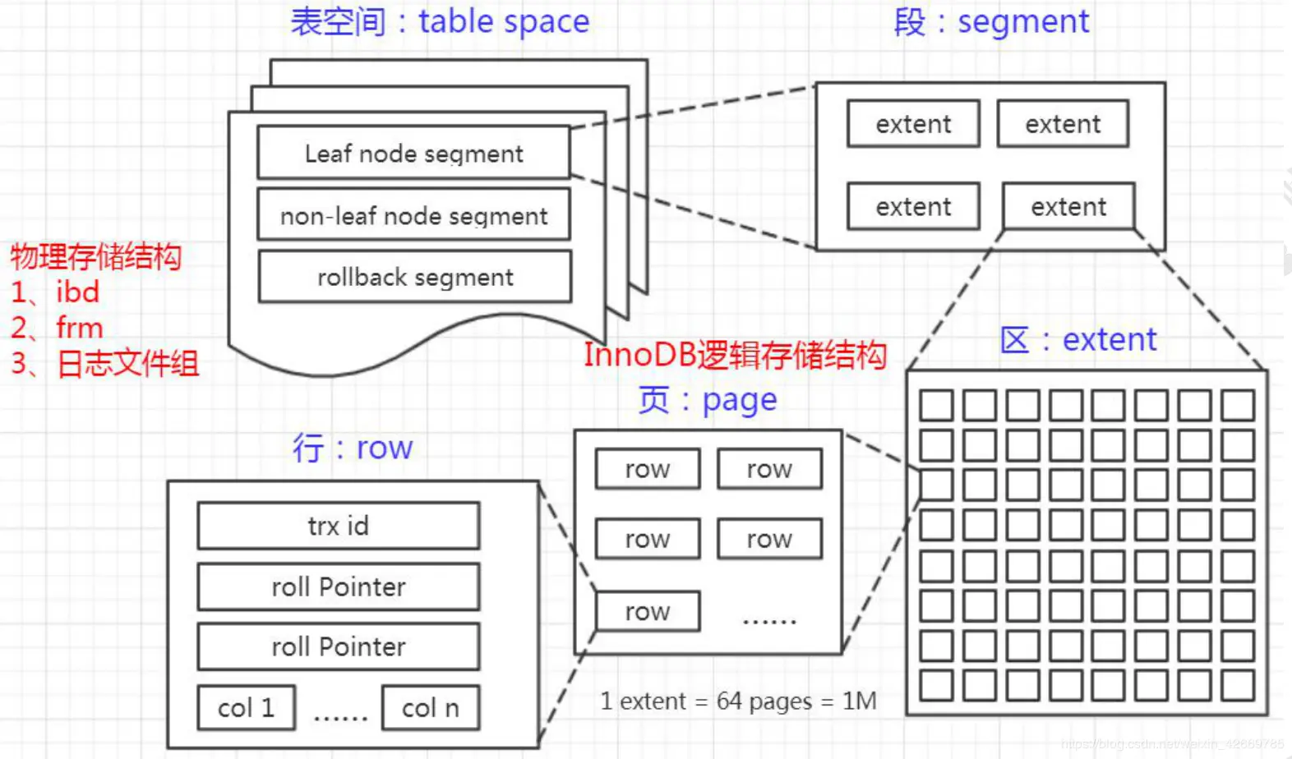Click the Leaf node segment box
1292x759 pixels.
pos(413,153)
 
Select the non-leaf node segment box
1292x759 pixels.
pos(413,215)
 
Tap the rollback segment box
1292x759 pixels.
pos(414,278)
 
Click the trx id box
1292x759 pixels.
pos(338,526)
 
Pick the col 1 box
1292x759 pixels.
pos(246,708)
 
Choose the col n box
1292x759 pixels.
pos(430,708)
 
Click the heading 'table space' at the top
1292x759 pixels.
pos(504,21)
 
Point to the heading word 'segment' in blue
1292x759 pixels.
pos(1023,21)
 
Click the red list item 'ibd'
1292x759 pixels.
pos(77,292)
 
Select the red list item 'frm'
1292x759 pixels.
pos(79,328)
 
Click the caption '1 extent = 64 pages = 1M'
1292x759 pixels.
pos(738,701)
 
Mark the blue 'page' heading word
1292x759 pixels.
pos(739,401)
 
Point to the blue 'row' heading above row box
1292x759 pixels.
pos(384,448)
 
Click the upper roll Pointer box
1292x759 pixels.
pos(338,586)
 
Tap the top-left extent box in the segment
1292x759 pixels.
pos(913,124)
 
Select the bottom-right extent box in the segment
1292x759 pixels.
pos(1068,206)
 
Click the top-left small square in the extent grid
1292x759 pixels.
pos(936,406)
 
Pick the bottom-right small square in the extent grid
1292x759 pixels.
pos(1237,685)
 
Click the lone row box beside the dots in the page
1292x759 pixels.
pos(647,611)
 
